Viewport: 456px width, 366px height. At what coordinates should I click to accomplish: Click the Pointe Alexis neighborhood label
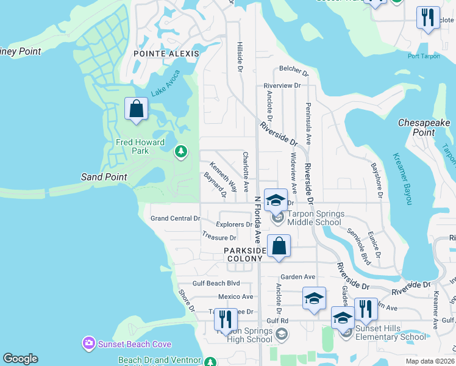click(166, 54)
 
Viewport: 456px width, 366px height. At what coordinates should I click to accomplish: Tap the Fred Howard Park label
click(140, 146)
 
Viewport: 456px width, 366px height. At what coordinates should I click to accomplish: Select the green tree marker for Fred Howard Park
click(180, 151)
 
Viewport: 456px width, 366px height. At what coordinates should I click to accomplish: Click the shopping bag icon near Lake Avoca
click(137, 109)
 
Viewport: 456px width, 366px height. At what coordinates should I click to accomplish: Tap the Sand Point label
click(104, 177)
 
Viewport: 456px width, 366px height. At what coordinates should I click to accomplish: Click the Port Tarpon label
click(424, 57)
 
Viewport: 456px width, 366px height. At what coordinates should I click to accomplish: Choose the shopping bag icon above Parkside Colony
click(279, 246)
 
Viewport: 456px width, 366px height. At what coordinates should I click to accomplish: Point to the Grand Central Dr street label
click(176, 218)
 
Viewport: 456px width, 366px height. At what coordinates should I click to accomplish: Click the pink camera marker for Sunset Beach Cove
click(89, 343)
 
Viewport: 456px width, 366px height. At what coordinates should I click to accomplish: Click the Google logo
click(21, 358)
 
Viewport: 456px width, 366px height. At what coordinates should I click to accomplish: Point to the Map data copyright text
click(430, 361)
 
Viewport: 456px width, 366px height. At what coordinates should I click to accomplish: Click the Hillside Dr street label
click(240, 57)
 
